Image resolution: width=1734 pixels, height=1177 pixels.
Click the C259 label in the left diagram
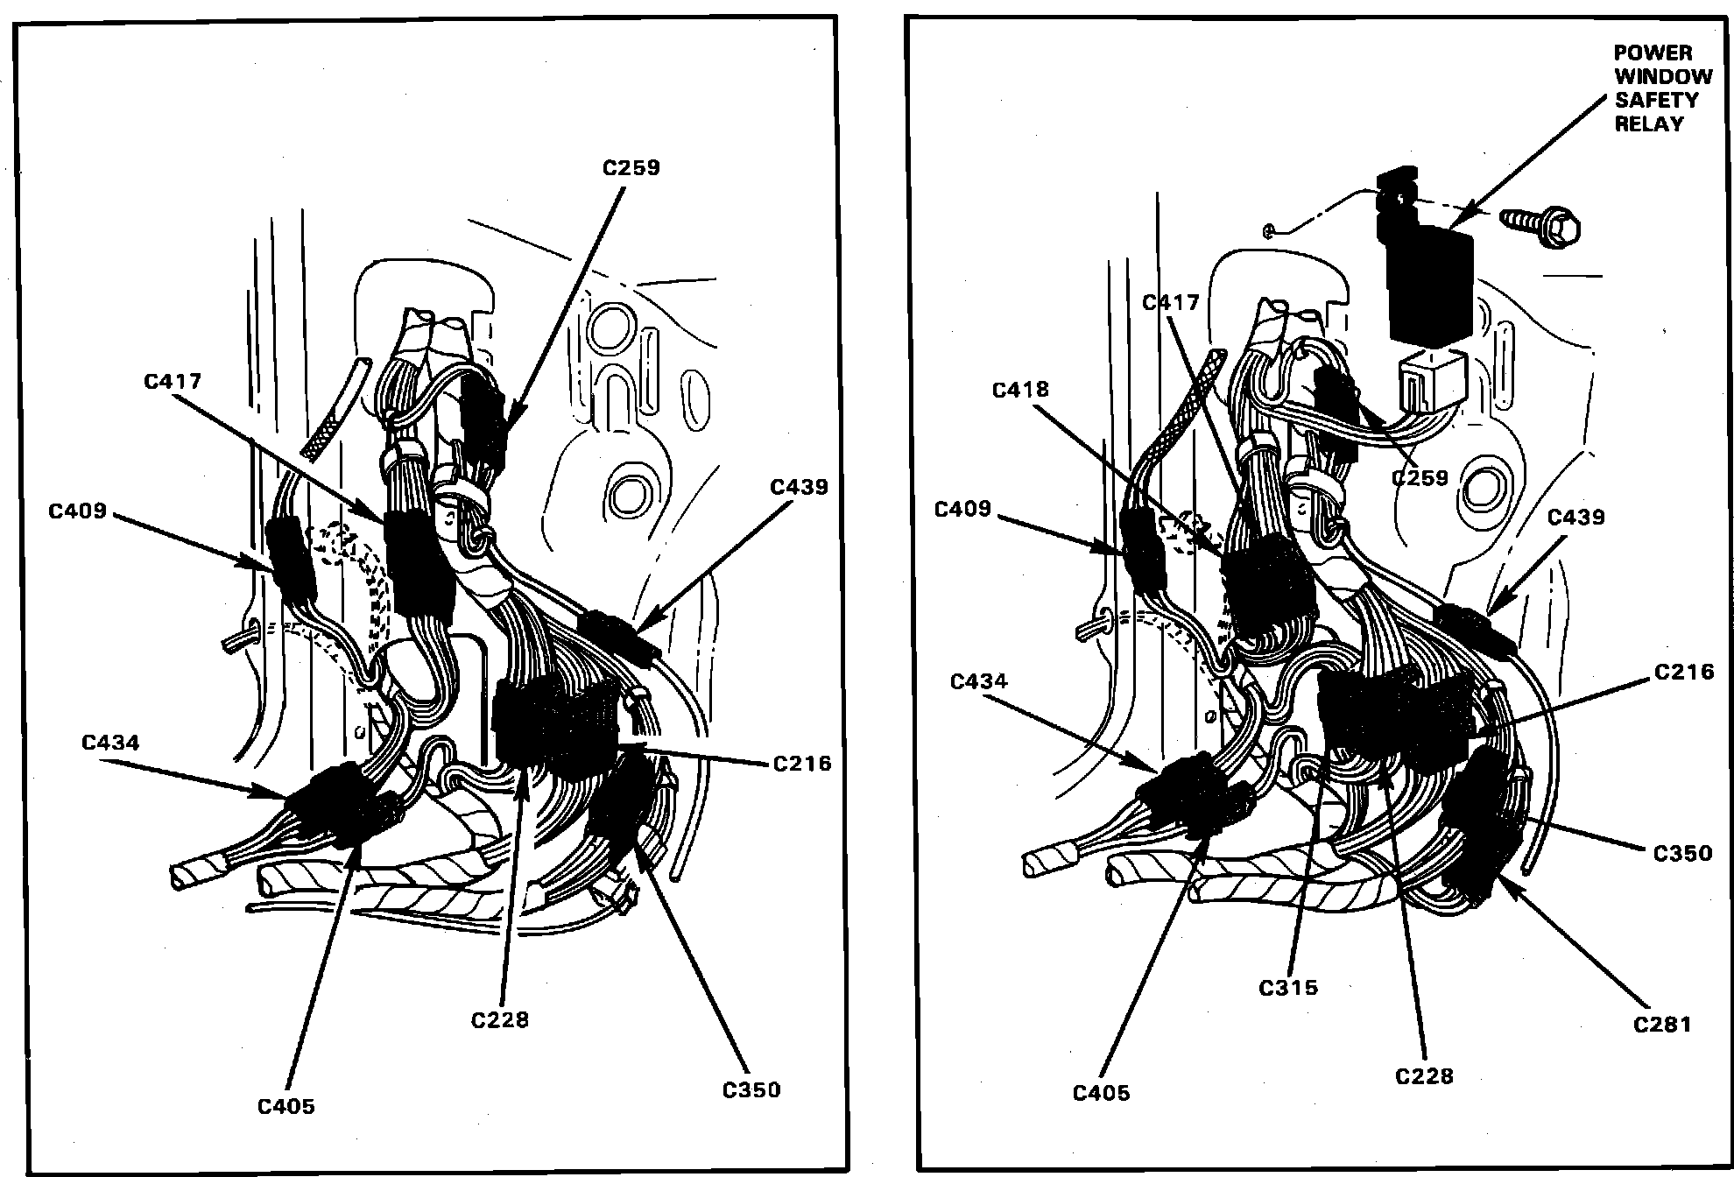pyautogui.click(x=631, y=168)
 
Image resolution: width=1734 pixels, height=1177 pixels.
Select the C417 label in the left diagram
pyautogui.click(x=173, y=382)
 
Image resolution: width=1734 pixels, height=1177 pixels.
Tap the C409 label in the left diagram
pyautogui.click(x=78, y=510)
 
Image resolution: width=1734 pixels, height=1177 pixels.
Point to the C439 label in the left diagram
pyautogui.click(x=799, y=488)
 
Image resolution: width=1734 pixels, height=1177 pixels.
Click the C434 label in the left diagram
pyautogui.click(x=110, y=743)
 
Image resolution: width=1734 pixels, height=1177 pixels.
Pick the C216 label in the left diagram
pyautogui.click(x=802, y=764)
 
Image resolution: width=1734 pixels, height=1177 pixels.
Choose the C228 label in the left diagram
pyautogui.click(x=500, y=1020)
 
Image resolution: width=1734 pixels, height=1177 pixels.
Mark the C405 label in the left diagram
pyautogui.click(x=286, y=1106)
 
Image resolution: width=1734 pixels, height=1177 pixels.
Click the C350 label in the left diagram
pyautogui.click(x=751, y=1090)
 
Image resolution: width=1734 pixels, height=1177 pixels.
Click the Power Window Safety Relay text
pyautogui.click(x=1662, y=88)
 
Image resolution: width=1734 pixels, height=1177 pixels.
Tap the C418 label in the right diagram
pyautogui.click(x=1021, y=390)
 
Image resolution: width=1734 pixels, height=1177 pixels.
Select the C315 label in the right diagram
pyautogui.click(x=1288, y=988)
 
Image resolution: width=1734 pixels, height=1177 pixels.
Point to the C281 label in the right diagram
pyautogui.click(x=1662, y=1025)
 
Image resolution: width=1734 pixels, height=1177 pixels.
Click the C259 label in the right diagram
pyautogui.click(x=1420, y=478)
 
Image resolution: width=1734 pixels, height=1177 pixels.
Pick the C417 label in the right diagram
pyautogui.click(x=1171, y=303)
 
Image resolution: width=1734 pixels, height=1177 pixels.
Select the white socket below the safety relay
pyautogui.click(x=1429, y=384)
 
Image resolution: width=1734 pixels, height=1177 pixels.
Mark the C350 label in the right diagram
pyautogui.click(x=1682, y=853)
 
